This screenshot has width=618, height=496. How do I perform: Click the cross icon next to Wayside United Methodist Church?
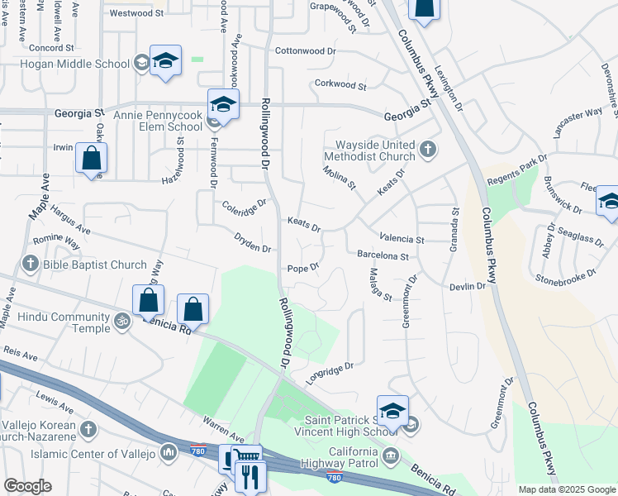[427, 150]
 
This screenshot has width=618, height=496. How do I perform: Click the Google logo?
[27, 486]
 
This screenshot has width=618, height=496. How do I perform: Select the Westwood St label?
[137, 13]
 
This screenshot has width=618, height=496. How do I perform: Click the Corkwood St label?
[340, 84]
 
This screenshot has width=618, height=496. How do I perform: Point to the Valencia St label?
[402, 240]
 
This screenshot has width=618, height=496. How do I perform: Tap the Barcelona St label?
[383, 256]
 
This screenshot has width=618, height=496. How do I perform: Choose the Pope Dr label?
[303, 269]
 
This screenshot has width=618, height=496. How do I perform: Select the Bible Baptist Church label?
[93, 265]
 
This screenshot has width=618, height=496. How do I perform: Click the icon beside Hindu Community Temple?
[122, 319]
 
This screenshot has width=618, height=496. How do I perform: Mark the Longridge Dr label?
[329, 371]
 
